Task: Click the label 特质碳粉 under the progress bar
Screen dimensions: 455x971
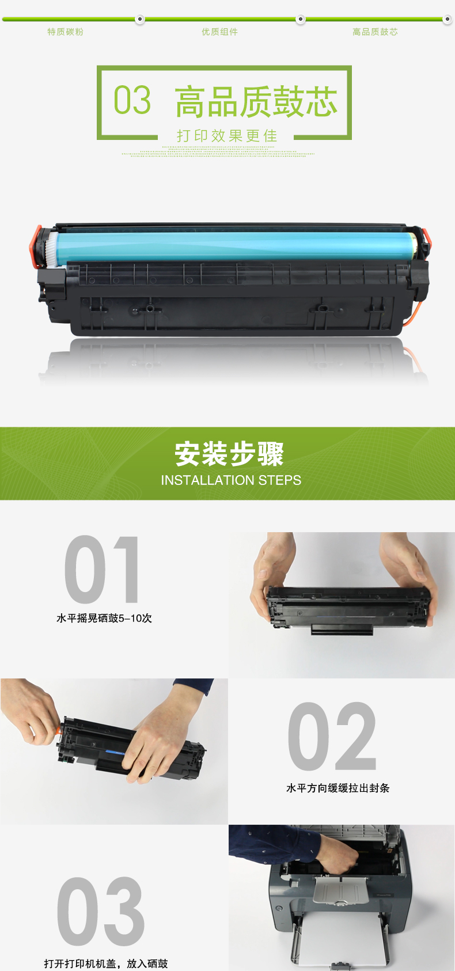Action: [65, 32]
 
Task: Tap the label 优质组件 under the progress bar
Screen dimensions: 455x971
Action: [219, 32]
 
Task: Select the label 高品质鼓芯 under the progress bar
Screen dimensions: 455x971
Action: [375, 32]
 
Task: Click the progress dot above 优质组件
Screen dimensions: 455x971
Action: [300, 19]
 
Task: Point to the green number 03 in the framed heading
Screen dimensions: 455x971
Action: [132, 100]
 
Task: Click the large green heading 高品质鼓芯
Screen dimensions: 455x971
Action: [256, 101]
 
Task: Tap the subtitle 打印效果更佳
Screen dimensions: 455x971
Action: [226, 136]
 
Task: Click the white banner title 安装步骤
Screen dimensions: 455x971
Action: [229, 454]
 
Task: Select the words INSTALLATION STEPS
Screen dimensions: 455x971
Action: [231, 480]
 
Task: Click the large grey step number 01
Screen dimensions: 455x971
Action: [102, 569]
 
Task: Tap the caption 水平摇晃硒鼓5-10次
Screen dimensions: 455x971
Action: [104, 618]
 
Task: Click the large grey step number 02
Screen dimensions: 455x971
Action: [332, 736]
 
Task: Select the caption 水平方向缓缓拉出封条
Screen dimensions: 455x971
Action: [338, 788]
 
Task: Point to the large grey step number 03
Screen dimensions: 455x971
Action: [101, 911]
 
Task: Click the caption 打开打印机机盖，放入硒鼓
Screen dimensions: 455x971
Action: [106, 963]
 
